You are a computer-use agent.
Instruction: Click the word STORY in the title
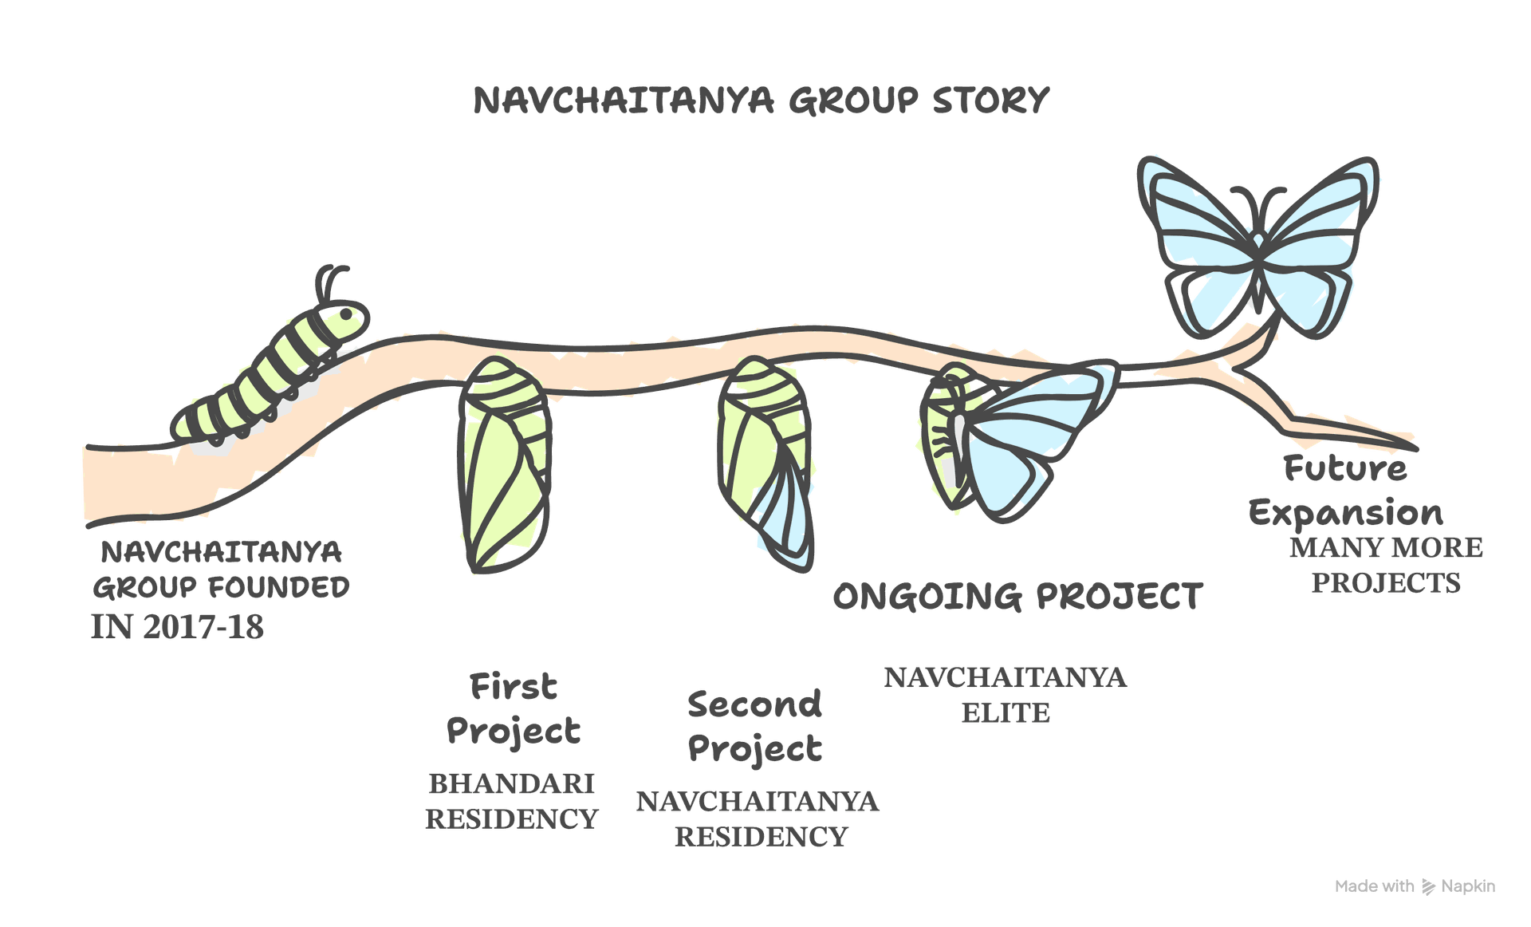coord(990,101)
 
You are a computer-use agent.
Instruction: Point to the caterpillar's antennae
coord(331,283)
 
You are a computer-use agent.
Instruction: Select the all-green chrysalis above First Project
coord(505,465)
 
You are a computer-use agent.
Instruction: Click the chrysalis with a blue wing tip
coord(766,463)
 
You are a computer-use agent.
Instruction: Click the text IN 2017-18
coord(177,627)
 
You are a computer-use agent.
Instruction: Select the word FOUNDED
coord(278,588)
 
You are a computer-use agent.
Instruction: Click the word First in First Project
coord(514,686)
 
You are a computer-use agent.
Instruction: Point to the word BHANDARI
coord(512,783)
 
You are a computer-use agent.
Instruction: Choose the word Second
coord(754,704)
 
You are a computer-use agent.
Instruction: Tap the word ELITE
coord(1006,712)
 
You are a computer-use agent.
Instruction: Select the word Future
coord(1345,468)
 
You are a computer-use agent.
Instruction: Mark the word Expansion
coord(1346,513)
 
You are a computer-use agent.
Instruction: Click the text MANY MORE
coord(1387,547)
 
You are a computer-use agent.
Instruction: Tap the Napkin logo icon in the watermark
coord(1428,887)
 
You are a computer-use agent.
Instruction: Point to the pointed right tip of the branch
coord(1417,448)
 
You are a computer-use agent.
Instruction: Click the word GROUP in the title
coord(853,101)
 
